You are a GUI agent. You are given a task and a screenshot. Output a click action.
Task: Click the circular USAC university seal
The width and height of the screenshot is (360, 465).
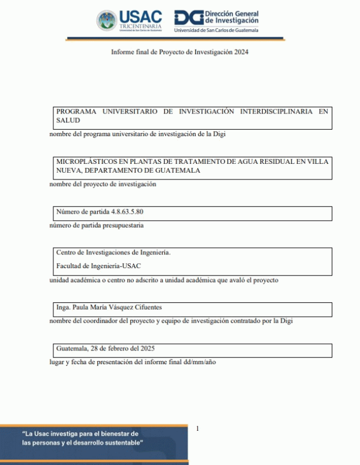click(x=107, y=20)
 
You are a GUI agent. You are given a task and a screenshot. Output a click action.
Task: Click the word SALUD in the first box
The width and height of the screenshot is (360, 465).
click(x=68, y=121)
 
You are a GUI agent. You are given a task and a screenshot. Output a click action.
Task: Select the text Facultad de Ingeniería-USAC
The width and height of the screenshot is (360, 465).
click(x=99, y=266)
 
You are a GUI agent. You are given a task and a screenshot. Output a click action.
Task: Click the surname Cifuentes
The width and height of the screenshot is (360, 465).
click(x=144, y=308)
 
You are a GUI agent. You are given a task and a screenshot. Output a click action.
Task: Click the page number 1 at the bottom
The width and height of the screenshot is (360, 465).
click(x=197, y=428)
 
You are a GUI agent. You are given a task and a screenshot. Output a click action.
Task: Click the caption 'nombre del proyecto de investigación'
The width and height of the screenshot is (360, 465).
click(x=103, y=184)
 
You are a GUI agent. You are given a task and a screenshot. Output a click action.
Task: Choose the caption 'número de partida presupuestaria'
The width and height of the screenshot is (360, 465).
click(x=97, y=226)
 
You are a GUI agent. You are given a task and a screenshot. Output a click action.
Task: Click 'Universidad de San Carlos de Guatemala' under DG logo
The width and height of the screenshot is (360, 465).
click(x=216, y=30)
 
